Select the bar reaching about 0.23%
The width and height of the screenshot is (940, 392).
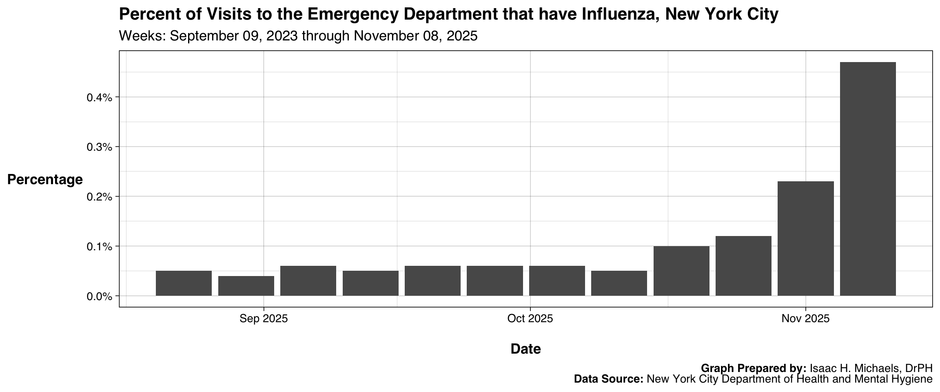pyautogui.click(x=805, y=238)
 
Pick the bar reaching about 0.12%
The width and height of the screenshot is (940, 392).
pyautogui.click(x=743, y=266)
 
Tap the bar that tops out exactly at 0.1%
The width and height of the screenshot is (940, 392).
pyautogui.click(x=681, y=271)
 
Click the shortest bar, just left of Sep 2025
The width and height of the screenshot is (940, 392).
pyautogui.click(x=246, y=286)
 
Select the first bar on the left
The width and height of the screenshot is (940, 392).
pyautogui.click(x=184, y=283)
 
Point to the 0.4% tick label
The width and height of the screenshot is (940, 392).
pyautogui.click(x=99, y=98)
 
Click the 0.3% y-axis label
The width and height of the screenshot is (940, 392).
pyautogui.click(x=99, y=147)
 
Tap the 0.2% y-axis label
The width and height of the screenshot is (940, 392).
pyautogui.click(x=99, y=197)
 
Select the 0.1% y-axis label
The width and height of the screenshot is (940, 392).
pyautogui.click(x=99, y=247)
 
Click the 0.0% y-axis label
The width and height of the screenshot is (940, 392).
pyautogui.click(x=99, y=296)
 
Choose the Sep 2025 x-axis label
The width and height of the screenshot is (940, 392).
pyautogui.click(x=264, y=318)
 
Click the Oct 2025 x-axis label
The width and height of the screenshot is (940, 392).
pyautogui.click(x=530, y=318)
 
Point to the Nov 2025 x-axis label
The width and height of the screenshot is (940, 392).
pyautogui.click(x=805, y=318)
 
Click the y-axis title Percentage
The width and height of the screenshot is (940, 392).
pyautogui.click(x=45, y=180)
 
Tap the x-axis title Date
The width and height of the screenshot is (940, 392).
pyautogui.click(x=525, y=349)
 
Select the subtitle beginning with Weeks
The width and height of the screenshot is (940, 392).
pyautogui.click(x=298, y=36)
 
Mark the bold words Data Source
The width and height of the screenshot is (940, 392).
pyautogui.click(x=608, y=379)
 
